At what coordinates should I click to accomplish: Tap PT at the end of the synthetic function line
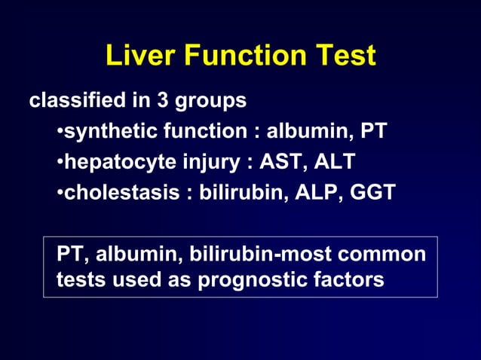(373, 132)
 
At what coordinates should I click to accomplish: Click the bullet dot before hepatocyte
(60, 163)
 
